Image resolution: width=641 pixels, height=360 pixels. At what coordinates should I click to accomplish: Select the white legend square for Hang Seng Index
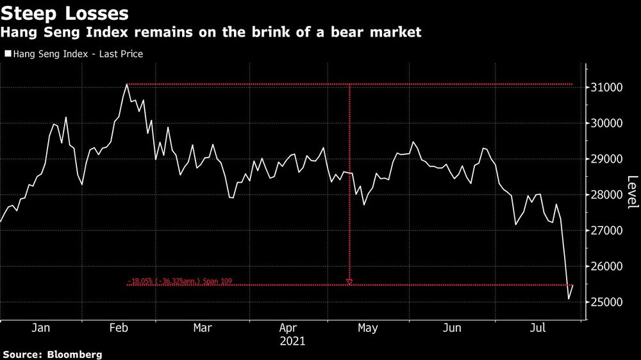(x=7, y=54)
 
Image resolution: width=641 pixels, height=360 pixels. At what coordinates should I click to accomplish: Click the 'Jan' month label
(x=40, y=328)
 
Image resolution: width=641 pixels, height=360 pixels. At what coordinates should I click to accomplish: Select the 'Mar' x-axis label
(x=203, y=328)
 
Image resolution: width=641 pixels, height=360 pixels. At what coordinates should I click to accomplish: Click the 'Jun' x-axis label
(x=452, y=328)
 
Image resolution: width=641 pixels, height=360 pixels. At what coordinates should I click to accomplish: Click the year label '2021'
(x=293, y=341)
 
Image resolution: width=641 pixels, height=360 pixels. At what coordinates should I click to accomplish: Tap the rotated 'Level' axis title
(x=632, y=192)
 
